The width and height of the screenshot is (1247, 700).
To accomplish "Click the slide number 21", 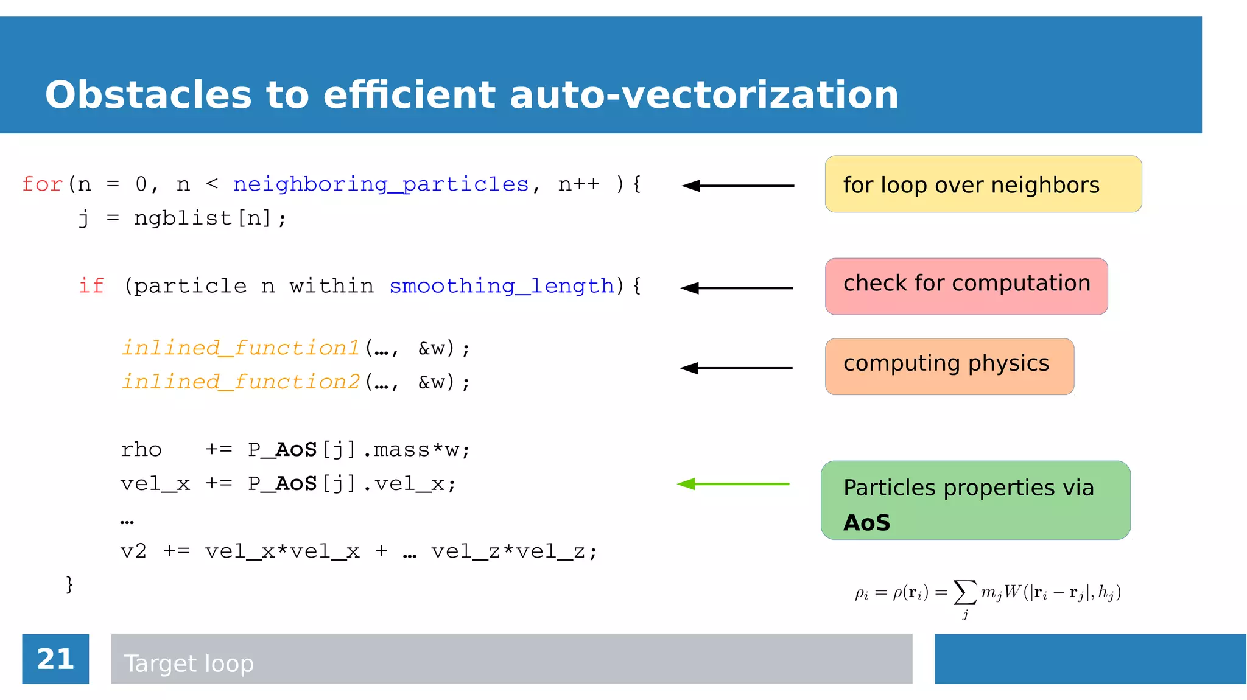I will pos(55,659).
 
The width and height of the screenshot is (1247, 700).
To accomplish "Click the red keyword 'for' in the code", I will pos(42,184).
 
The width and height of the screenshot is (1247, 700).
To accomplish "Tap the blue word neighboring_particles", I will pos(381,184).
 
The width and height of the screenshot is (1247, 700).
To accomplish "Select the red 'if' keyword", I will pos(91,285).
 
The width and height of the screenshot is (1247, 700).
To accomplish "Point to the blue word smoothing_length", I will pos(502,285).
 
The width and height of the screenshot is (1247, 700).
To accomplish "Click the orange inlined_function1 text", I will pos(241,348).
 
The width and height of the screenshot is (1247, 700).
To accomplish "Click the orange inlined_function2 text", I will pos(241,382).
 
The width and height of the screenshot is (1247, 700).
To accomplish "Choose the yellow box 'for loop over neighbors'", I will pos(983,184).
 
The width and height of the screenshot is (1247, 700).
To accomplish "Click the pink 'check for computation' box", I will pos(966,286).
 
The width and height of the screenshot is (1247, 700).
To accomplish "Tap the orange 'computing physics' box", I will pos(949,366).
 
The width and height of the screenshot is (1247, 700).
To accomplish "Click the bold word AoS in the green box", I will pos(866,523).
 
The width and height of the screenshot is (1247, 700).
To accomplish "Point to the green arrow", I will pos(733,484).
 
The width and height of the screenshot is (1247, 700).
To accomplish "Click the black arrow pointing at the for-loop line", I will pos(737,186).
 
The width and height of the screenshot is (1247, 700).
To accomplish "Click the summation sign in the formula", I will pos(965,592).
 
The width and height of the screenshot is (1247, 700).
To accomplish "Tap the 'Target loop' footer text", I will pos(189,663).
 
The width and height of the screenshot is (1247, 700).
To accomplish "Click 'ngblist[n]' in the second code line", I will pos(202,218).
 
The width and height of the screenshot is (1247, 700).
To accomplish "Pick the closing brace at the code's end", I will pos(69,584).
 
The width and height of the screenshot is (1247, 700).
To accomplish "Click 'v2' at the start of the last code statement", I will pos(133,551).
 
